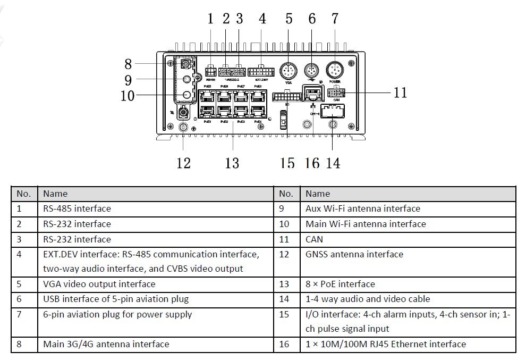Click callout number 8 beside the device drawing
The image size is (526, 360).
[x=128, y=64]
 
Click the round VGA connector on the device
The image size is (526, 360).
[x=289, y=71]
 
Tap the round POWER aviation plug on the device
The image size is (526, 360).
[x=335, y=70]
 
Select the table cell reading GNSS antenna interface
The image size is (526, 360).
[x=354, y=254]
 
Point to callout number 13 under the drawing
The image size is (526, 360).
[x=232, y=163]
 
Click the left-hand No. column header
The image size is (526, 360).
[x=24, y=194]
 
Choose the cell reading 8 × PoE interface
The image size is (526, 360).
[x=340, y=284]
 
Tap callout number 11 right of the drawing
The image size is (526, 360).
[x=400, y=93]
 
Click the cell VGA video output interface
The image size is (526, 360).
[x=99, y=284]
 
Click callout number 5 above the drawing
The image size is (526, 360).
[x=289, y=19]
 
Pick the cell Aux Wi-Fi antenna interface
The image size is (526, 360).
[x=363, y=208]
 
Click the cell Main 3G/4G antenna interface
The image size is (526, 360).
[x=106, y=344]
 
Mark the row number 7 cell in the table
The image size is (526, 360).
[x=20, y=314]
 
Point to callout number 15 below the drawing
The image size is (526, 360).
[x=287, y=163]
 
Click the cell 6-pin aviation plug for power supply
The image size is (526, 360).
[x=117, y=314]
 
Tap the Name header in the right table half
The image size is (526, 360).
[x=318, y=194]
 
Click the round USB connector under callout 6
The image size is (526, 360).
[x=311, y=70]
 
